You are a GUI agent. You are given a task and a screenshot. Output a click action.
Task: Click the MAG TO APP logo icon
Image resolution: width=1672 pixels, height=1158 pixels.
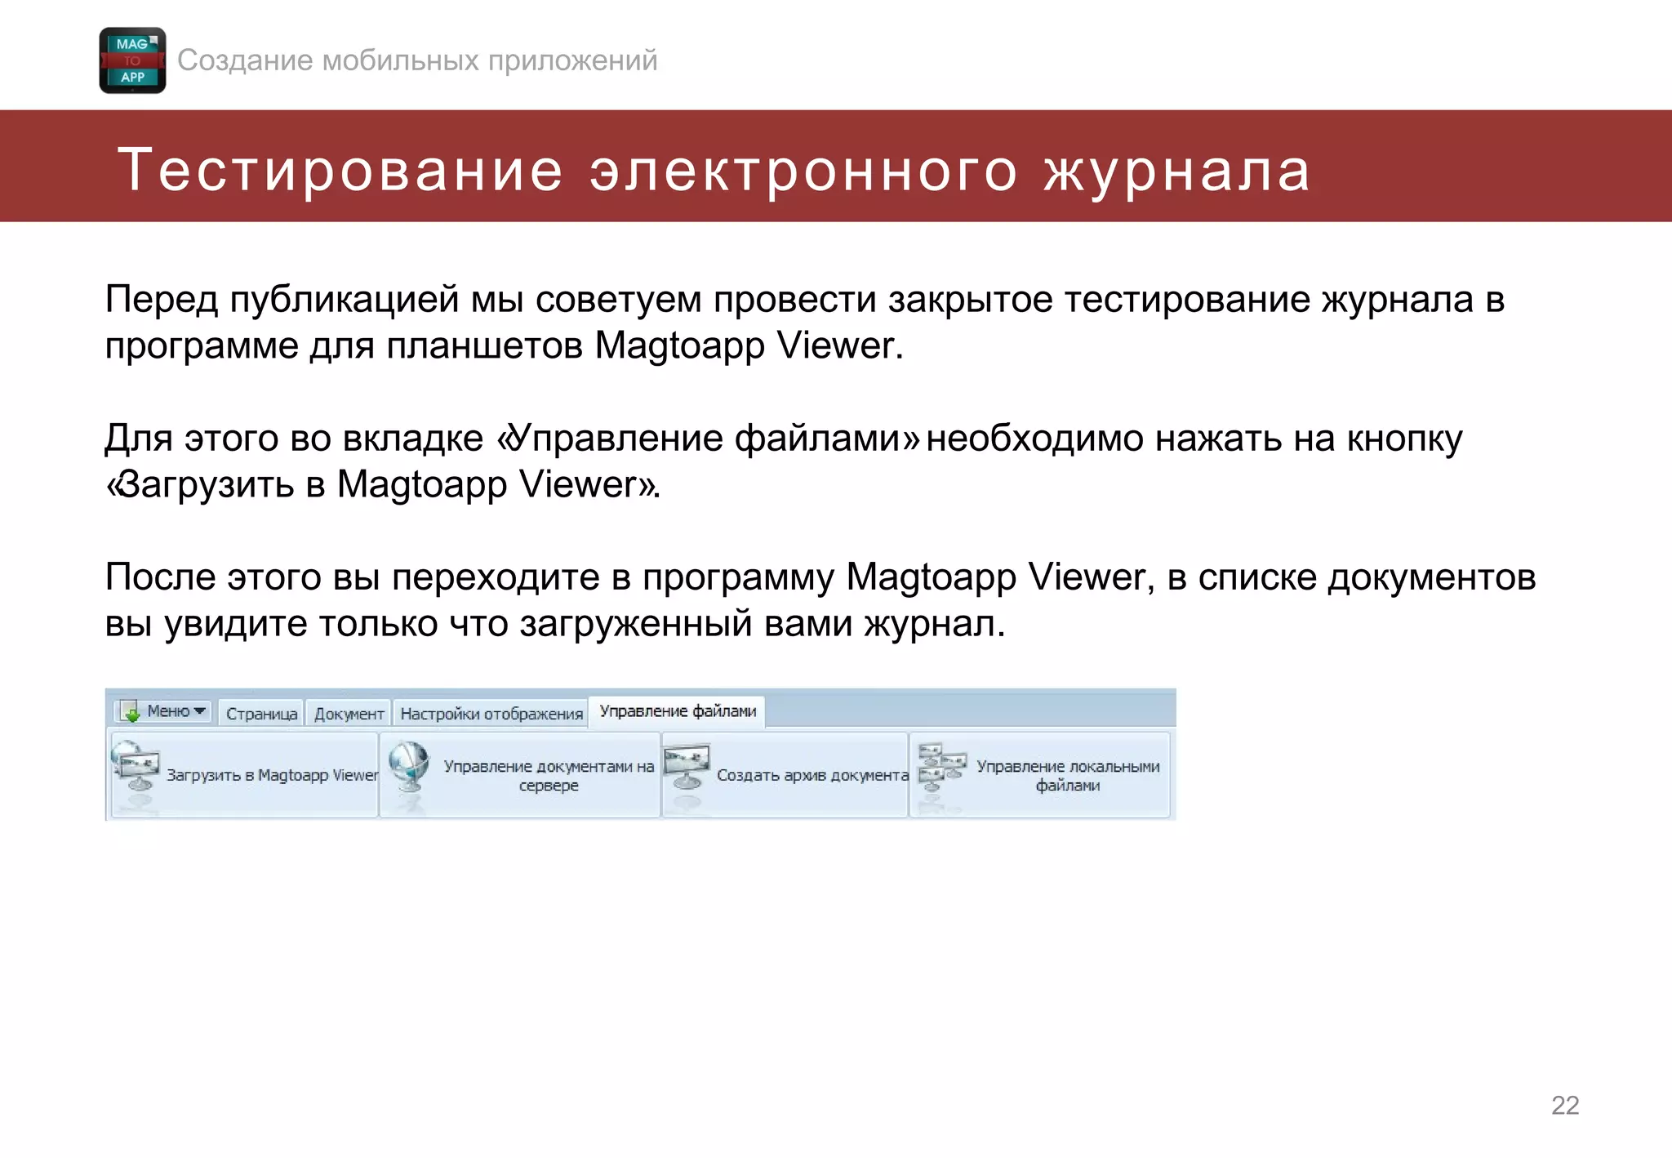point(132,60)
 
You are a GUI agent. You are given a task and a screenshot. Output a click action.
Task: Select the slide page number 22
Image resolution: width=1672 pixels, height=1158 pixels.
point(1564,1105)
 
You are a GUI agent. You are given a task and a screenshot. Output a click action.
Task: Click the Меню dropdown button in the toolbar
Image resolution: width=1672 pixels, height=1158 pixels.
point(166,711)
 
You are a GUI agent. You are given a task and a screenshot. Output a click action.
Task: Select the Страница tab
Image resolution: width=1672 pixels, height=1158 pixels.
point(261,714)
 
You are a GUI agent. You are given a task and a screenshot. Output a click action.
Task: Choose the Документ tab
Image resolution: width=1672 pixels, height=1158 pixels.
point(349,714)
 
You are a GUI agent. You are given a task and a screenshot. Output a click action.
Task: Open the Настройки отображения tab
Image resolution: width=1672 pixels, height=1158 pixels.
point(491,714)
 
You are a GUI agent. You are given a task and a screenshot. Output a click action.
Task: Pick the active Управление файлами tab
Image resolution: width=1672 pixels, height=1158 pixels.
point(678,711)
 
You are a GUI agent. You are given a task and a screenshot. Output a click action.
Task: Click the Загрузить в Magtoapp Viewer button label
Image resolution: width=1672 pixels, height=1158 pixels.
point(272,775)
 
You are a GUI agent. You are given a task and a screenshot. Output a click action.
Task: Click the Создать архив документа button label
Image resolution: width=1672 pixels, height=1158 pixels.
point(812,775)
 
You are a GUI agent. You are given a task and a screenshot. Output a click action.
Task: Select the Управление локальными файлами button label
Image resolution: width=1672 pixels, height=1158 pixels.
point(1068,776)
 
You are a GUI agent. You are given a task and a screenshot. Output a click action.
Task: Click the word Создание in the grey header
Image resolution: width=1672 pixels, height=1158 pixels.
point(245,60)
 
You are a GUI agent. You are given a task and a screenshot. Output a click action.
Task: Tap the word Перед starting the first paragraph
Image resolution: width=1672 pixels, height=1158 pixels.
point(161,300)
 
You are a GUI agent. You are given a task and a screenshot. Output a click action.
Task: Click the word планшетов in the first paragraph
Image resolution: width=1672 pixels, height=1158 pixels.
point(484,345)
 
